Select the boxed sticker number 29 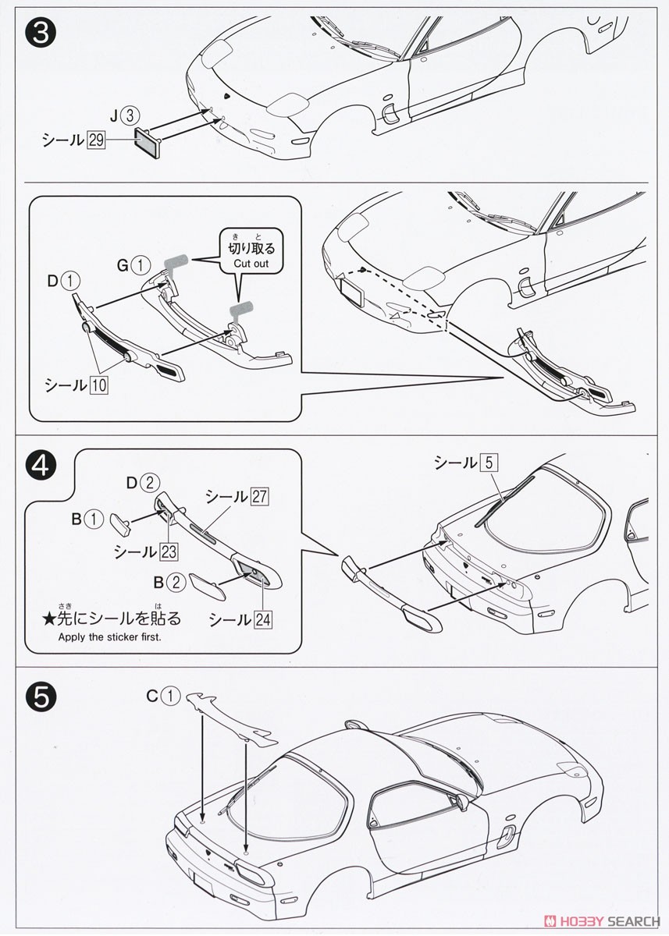[96, 140]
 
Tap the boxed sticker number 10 [99, 385]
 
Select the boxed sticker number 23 [167, 552]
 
